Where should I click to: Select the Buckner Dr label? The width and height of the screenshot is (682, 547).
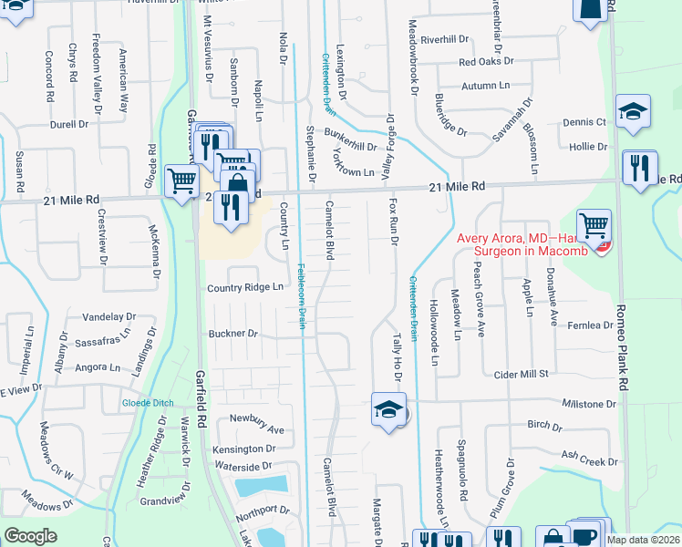pyautogui.click(x=232, y=334)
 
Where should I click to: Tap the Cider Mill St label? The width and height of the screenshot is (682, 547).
pyautogui.click(x=520, y=374)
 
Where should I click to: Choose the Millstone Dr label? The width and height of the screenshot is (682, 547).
pyautogui.click(x=589, y=403)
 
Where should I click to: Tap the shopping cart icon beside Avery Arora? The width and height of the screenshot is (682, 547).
pyautogui.click(x=594, y=222)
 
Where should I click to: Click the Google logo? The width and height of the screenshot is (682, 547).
pyautogui.click(x=30, y=536)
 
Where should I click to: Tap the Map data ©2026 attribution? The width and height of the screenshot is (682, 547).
pyautogui.click(x=644, y=540)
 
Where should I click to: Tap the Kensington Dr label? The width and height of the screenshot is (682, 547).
pyautogui.click(x=244, y=449)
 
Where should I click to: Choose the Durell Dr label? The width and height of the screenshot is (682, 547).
pyautogui.click(x=68, y=123)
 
